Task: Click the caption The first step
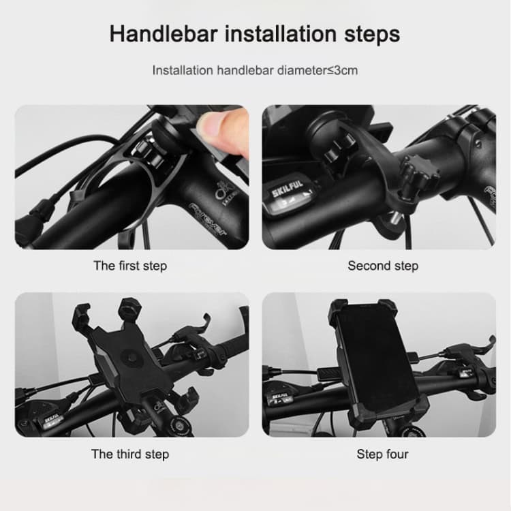click(x=129, y=266)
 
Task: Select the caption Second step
click(x=382, y=266)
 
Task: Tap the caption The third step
click(x=129, y=454)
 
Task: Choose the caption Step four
click(x=382, y=454)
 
